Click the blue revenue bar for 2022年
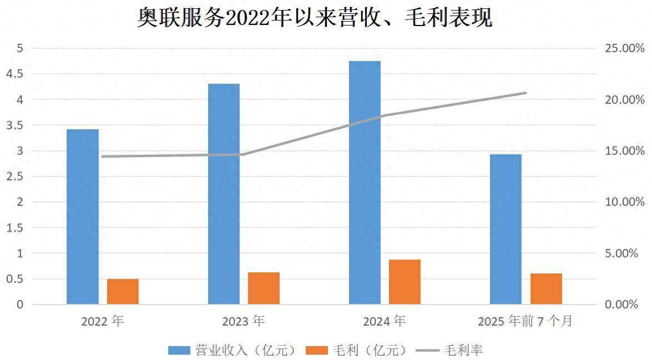coord(82,216)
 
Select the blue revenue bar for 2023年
coord(224,194)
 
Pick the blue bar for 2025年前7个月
coord(506,229)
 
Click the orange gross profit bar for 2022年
coord(123,291)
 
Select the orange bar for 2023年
coord(264,288)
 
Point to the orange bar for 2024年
coord(405,282)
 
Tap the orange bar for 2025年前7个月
coord(546,288)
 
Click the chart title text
coord(315,18)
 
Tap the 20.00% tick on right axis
coord(624,100)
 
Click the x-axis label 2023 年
coord(244,321)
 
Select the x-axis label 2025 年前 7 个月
coord(525,321)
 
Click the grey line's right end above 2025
coord(525,93)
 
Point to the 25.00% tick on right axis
coord(624,49)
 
